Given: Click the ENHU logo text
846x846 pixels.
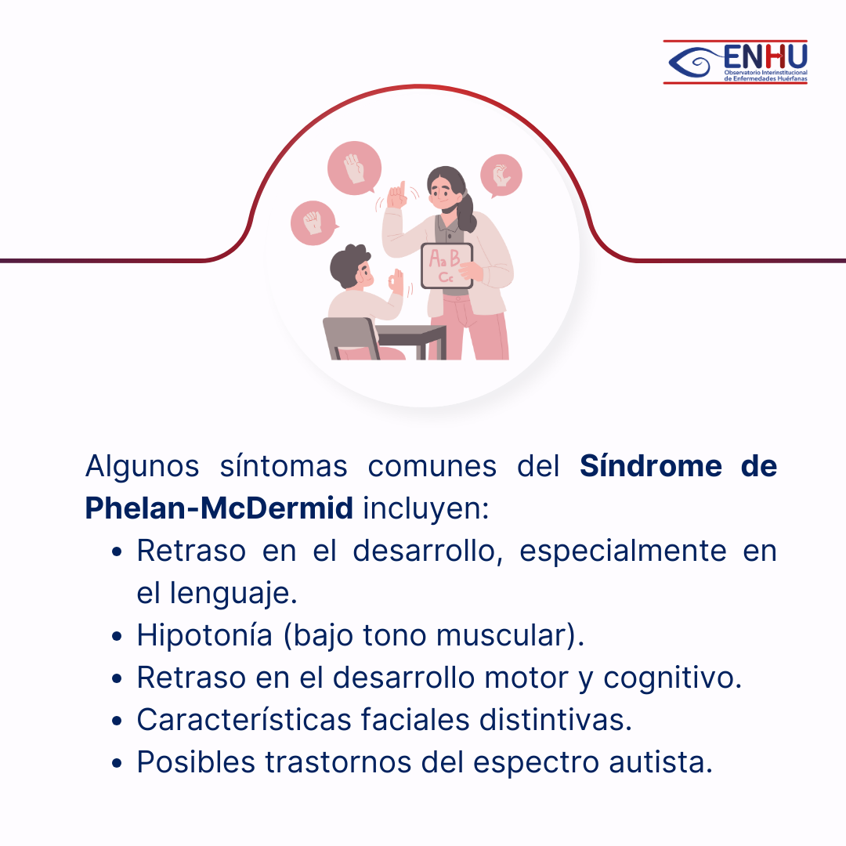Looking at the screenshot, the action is [765, 56].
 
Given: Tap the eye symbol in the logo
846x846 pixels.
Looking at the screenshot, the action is [695, 62].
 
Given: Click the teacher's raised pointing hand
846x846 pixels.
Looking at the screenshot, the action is [397, 195].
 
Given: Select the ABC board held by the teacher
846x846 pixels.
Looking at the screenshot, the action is [446, 266].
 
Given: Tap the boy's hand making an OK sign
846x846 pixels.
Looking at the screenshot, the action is [396, 281].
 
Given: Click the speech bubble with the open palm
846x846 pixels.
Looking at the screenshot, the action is [355, 168].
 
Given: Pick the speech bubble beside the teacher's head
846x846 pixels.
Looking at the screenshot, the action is [501, 176].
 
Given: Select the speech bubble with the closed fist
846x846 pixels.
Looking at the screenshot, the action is [313, 222].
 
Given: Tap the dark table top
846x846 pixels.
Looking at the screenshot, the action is [410, 334].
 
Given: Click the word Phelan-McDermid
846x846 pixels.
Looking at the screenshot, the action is [219, 508].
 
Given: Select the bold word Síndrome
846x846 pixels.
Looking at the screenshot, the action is [651, 465].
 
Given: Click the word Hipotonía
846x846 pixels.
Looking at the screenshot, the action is [204, 635].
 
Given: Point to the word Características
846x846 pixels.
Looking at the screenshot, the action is [244, 719].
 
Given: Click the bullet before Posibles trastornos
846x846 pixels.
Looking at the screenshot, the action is [117, 764].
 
